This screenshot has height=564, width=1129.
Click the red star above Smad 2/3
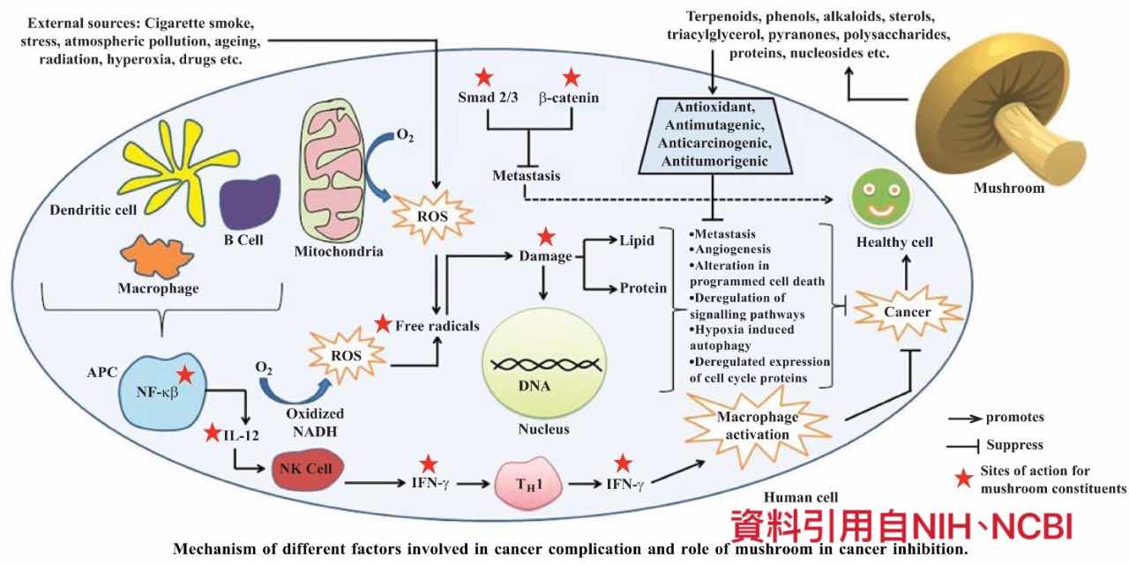click(x=483, y=77)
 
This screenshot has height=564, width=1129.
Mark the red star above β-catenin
click(x=572, y=77)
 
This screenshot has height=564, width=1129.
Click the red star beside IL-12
click(x=212, y=433)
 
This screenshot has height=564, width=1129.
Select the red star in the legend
click(x=965, y=479)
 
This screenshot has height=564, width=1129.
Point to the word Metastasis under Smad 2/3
click(x=527, y=176)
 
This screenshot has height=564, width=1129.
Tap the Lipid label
click(x=637, y=241)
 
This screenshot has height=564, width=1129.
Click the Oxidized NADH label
click(x=316, y=420)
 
